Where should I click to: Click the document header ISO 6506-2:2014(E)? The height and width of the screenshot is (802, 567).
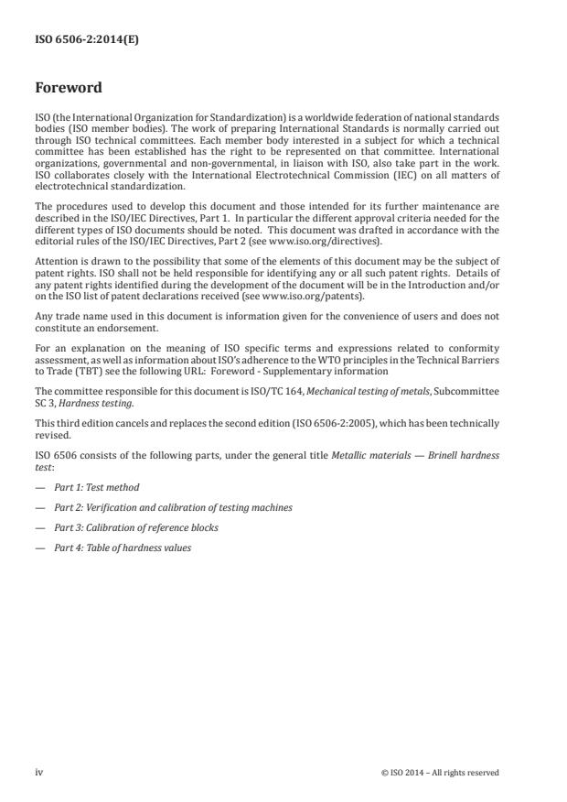[x=75, y=39]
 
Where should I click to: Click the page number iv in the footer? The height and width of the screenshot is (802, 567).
[x=39, y=772]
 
